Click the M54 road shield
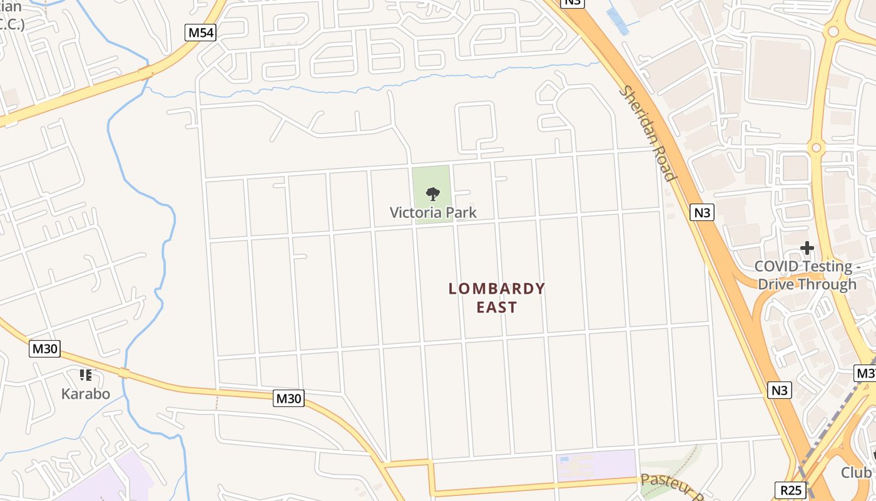200,33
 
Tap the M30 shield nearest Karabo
44,349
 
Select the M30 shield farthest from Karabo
288,398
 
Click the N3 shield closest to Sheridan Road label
703,212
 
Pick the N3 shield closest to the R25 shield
779,390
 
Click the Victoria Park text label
433,213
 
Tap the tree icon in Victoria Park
432,194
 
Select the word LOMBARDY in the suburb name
497,289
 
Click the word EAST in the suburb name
497,307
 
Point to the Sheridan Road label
648,133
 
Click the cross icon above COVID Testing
807,249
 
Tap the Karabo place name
86,394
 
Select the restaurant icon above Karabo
86,375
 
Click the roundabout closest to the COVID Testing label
816,148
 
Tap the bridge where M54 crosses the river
146,73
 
